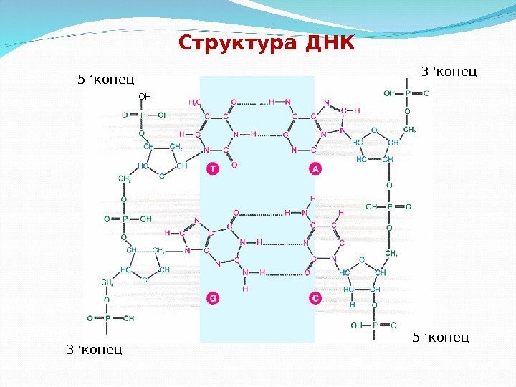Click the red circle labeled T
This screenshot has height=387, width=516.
tap(211, 168)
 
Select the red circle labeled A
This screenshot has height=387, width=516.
tap(315, 168)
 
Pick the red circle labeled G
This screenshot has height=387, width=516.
tap(211, 297)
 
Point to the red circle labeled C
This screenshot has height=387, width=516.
tap(315, 297)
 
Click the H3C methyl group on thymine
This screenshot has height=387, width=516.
tap(195, 102)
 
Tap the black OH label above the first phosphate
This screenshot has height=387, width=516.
tap(145, 94)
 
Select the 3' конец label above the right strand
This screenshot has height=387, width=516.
tap(448, 72)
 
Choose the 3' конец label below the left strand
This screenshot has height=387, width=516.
tap(94, 350)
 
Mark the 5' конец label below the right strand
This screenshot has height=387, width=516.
tap(440, 336)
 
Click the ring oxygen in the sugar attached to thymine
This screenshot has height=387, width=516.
tap(161, 176)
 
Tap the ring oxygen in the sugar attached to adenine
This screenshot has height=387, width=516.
tap(373, 130)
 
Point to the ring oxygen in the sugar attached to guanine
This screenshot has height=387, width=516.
tap(143, 280)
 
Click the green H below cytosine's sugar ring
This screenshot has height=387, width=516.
tap(352, 303)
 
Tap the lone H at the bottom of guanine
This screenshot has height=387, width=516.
tap(245, 289)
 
